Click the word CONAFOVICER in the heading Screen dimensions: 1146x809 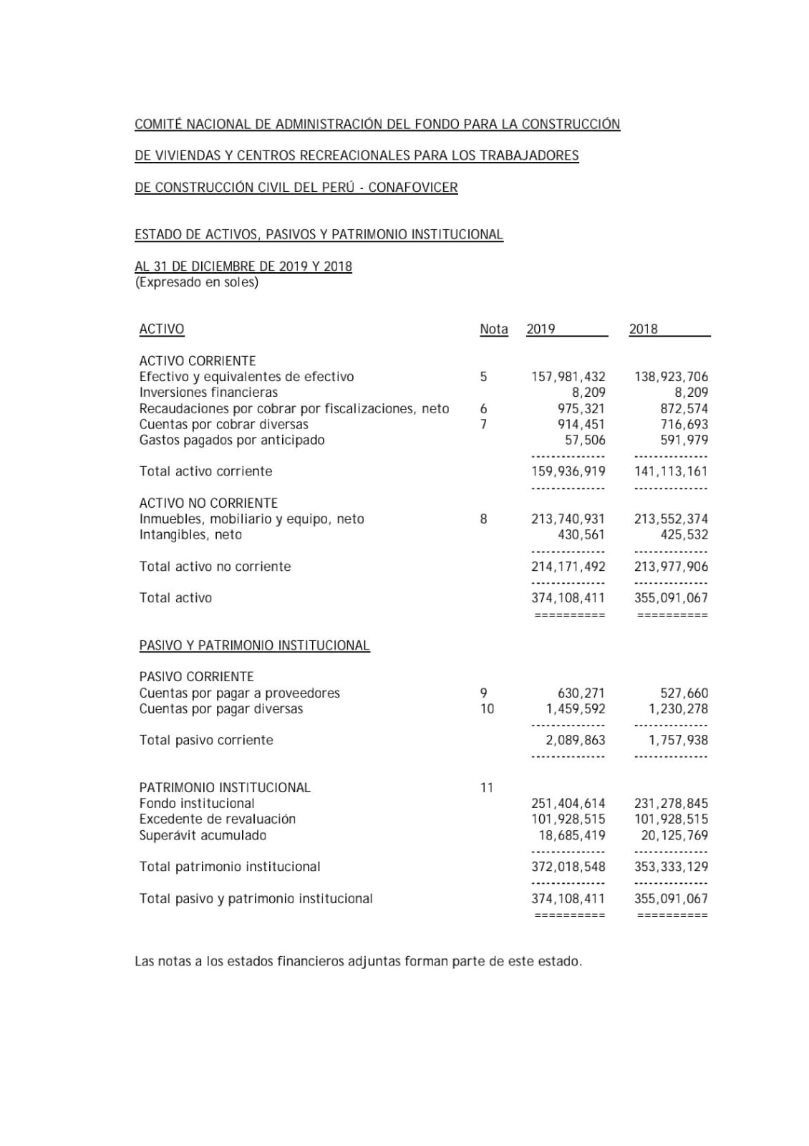[413, 188]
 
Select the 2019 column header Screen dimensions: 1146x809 [541, 329]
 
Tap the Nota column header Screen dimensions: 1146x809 [494, 329]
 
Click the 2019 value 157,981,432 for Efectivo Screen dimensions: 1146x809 [568, 377]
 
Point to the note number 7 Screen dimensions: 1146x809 [484, 424]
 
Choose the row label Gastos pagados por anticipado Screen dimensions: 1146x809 [232, 440]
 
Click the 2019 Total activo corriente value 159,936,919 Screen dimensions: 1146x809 [568, 471]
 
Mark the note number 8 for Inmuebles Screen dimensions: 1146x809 [484, 519]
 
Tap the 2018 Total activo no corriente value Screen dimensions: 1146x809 [671, 567]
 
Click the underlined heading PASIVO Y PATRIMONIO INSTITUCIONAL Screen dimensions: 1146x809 [254, 645]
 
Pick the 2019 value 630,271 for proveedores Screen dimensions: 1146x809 [581, 693]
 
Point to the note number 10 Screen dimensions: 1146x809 [487, 709]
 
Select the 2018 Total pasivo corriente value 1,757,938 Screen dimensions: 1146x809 [678, 741]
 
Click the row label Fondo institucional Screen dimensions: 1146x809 [197, 804]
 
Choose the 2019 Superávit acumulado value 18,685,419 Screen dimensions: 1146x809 [571, 836]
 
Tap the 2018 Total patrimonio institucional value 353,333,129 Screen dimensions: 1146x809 [671, 867]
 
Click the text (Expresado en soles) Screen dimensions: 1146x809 [197, 282]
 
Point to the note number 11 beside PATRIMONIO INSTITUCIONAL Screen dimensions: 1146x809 [487, 788]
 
